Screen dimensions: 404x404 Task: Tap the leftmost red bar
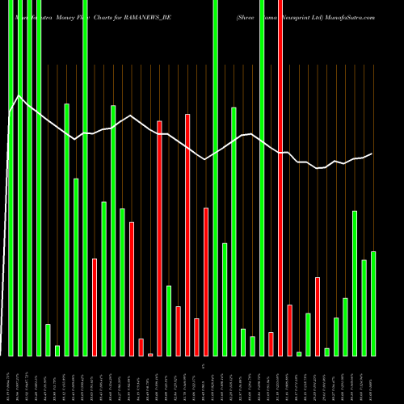coord(95,307)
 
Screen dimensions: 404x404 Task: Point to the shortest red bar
coord(150,354)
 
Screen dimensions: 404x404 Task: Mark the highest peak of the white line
coord(18,96)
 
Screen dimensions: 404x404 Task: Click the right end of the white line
coord(372,154)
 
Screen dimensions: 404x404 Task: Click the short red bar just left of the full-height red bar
coord(271,343)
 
